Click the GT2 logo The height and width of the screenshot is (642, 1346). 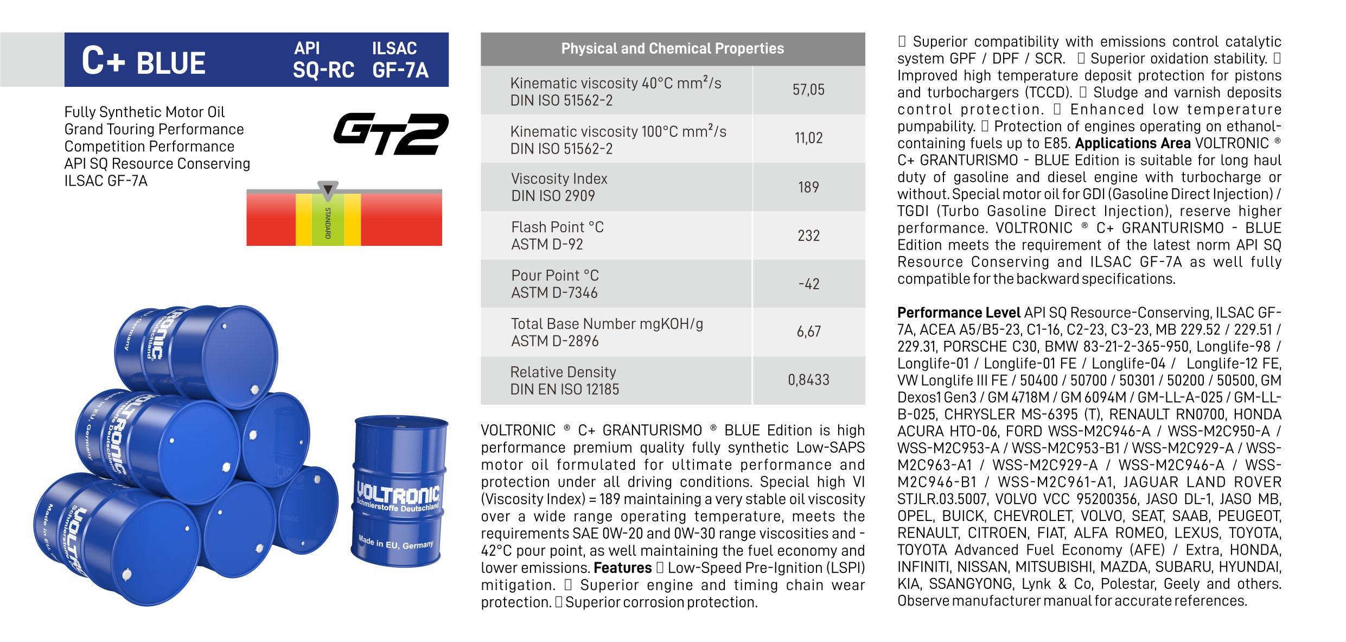click(391, 134)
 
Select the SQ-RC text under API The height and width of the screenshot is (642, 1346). click(323, 71)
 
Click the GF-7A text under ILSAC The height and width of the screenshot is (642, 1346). click(400, 71)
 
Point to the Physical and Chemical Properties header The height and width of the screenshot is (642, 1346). click(672, 49)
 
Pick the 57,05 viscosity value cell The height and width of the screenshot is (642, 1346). click(808, 90)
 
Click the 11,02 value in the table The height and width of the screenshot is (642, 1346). click(808, 138)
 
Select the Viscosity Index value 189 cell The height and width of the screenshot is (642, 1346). click(808, 187)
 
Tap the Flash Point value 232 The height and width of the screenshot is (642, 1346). click(808, 236)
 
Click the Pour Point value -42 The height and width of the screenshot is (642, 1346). click(808, 284)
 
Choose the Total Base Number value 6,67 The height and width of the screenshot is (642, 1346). click(808, 332)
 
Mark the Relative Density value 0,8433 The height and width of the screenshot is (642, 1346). click(808, 380)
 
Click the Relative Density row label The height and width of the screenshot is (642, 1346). click(564, 380)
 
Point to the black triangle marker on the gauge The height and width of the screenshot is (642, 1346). click(328, 190)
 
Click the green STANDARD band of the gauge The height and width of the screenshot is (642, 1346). click(328, 223)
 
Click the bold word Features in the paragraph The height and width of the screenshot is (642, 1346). click(622, 568)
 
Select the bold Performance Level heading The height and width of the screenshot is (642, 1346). click(959, 313)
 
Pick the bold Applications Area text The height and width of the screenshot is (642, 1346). click(1133, 143)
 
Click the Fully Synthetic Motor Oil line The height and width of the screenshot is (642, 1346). click(144, 112)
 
